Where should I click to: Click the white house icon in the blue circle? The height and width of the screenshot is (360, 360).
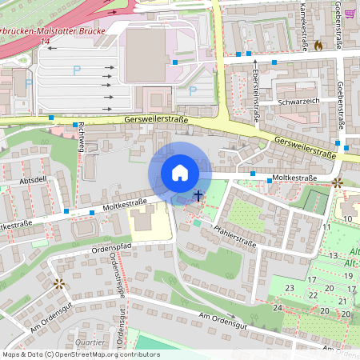[180, 173]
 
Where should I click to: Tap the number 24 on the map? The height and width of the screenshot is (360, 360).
[277, 307]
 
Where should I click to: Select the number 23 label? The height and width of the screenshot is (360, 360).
[290, 288]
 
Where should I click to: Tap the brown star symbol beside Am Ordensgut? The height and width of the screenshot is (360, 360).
[58, 283]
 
